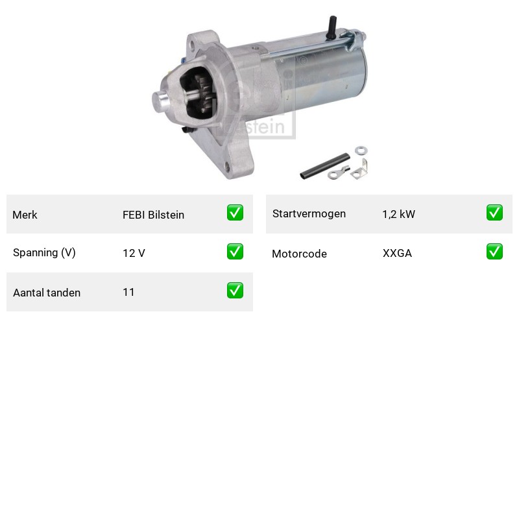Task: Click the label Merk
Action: point(25,215)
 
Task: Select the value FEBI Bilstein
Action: point(153,215)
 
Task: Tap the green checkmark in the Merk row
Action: point(235,213)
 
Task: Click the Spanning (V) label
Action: point(44,253)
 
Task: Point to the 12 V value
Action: point(134,253)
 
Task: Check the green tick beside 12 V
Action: point(235,252)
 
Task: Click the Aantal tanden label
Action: point(47,293)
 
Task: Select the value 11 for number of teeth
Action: point(128,292)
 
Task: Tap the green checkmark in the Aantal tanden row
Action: point(235,290)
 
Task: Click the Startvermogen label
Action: point(309,214)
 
